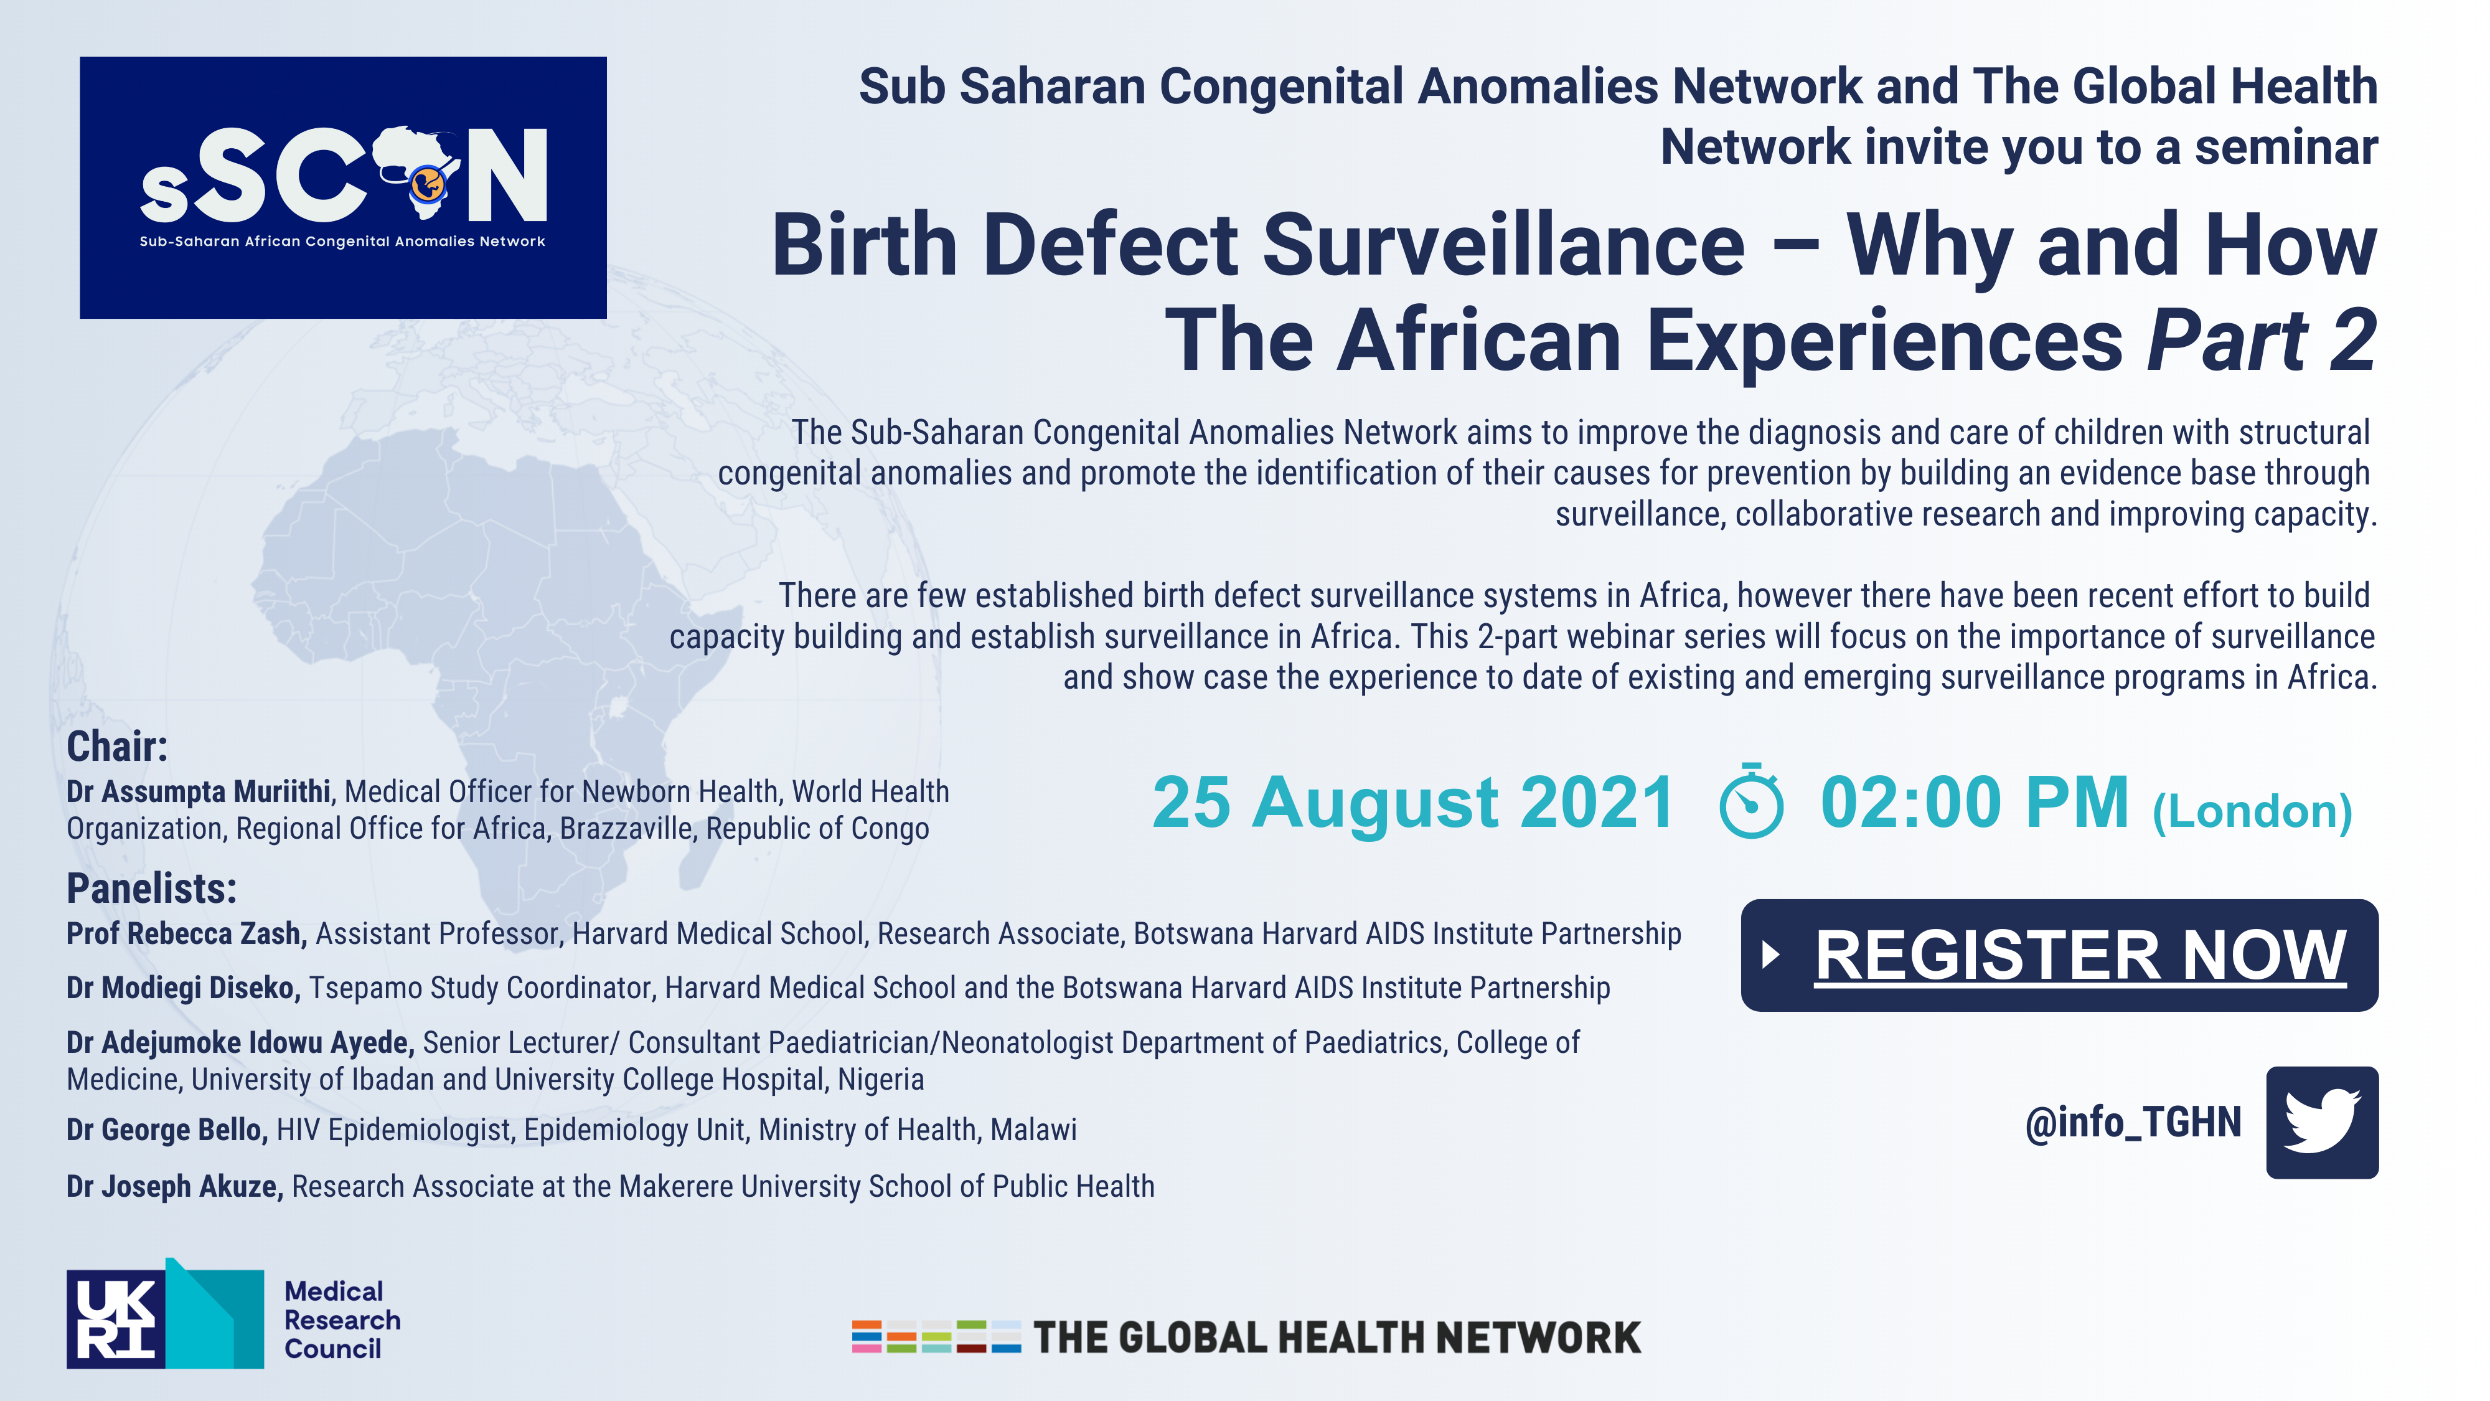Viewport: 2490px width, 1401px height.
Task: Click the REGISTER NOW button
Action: tap(2059, 955)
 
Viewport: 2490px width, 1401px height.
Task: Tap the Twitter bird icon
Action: tap(2322, 1121)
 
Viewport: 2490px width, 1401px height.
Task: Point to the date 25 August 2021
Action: tap(1413, 803)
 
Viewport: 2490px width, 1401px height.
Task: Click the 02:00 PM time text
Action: tap(1975, 803)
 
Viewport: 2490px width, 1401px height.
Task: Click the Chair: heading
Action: tap(117, 747)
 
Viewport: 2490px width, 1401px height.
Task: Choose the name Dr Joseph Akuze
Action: tap(175, 1186)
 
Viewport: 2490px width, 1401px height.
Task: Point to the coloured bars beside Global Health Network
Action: tap(936, 1336)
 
